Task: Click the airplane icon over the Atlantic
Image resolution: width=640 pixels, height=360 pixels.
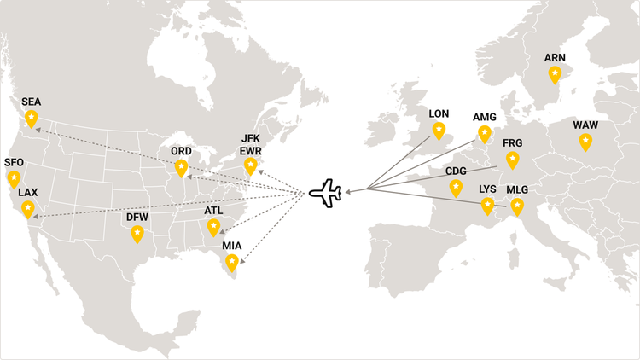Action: click(x=325, y=193)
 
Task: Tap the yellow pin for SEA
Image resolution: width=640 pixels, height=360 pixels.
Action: click(x=32, y=118)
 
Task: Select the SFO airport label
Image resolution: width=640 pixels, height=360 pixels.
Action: click(x=15, y=162)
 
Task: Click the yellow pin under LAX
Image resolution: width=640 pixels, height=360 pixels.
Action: click(x=28, y=208)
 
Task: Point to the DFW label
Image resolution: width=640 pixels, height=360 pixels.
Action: click(x=137, y=218)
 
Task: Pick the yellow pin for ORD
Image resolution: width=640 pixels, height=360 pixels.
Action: click(x=181, y=167)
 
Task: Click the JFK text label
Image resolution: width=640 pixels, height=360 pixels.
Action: click(x=250, y=138)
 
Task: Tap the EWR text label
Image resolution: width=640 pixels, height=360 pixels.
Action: click(x=250, y=151)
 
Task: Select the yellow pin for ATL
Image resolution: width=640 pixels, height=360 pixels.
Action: click(x=213, y=226)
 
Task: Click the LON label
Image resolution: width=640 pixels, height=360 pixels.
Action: click(x=439, y=113)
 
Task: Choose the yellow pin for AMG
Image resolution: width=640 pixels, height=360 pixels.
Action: click(x=485, y=133)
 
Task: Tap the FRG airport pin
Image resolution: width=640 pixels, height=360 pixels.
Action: click(x=512, y=159)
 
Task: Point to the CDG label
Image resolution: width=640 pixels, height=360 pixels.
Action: click(x=456, y=171)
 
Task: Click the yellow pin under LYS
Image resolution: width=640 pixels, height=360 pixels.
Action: click(x=487, y=205)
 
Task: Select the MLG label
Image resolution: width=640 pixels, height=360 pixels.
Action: click(x=517, y=189)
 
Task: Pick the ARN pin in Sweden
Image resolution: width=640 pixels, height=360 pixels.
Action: click(x=555, y=74)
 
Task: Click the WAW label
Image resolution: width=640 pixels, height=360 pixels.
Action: click(x=585, y=125)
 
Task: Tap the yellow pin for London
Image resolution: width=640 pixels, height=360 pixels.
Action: click(x=439, y=130)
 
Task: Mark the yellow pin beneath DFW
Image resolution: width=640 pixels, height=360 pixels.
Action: click(x=137, y=234)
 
